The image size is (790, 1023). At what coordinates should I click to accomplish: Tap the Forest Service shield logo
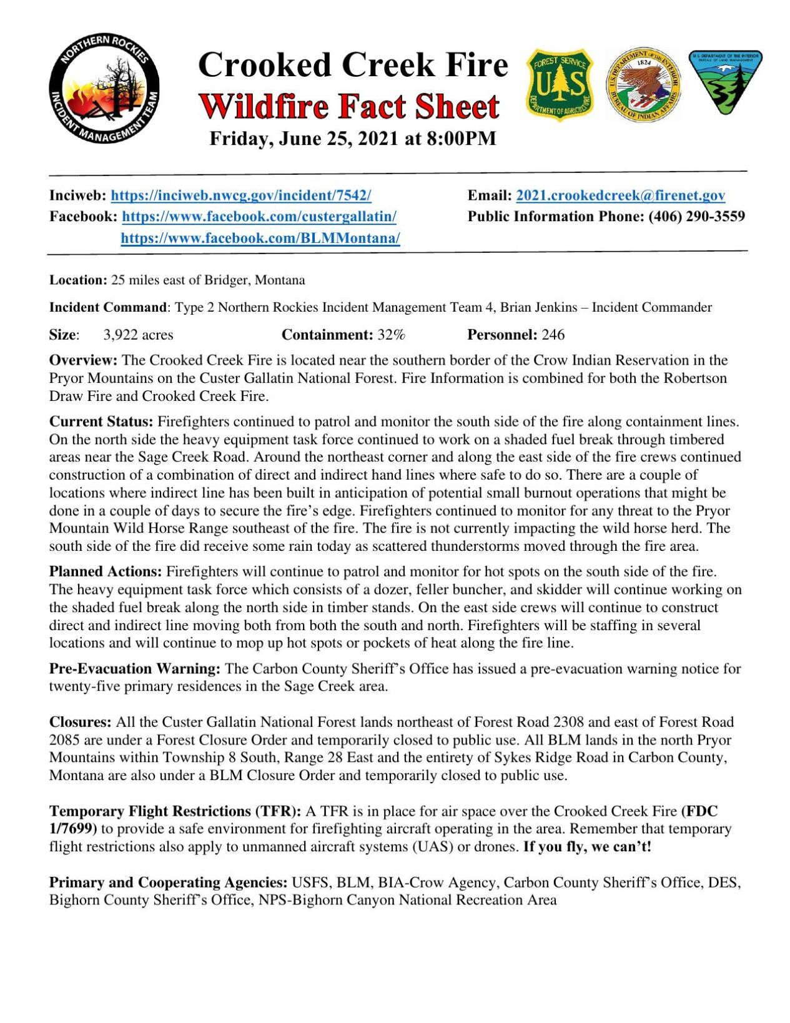pos(560,84)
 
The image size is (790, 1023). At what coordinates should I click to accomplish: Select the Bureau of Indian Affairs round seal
pos(643,86)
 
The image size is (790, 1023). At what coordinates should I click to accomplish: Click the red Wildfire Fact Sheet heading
pos(350,106)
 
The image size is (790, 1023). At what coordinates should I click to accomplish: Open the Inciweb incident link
pos(241,195)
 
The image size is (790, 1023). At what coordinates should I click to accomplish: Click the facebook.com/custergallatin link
pos(259,217)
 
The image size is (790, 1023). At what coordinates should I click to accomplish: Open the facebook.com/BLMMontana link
pos(260,238)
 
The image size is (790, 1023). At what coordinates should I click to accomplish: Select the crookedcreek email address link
pos(620,195)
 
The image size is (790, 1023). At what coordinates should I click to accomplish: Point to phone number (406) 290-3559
pos(696,217)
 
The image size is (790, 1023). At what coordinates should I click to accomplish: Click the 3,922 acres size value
pos(138,335)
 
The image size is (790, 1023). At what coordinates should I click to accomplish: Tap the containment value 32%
pos(391,335)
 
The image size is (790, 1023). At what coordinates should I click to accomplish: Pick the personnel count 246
pos(553,335)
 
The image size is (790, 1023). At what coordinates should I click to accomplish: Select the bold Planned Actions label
pos(105,571)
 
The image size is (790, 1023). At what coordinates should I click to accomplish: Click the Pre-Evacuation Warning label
pos(134,669)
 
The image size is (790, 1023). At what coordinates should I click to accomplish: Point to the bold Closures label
pos(80,723)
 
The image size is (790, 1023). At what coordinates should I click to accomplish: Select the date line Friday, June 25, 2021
pos(352,139)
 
